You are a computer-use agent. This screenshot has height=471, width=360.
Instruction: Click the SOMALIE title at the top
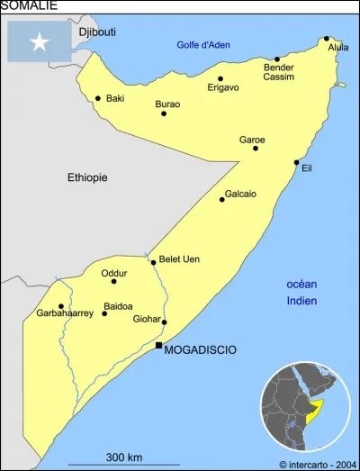[30, 5]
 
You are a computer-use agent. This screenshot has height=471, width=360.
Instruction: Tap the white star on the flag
[40, 41]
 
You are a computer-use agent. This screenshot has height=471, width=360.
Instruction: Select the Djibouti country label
[97, 32]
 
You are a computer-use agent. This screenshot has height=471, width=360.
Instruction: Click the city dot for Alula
[326, 39]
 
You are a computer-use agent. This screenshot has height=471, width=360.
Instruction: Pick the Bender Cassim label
[278, 71]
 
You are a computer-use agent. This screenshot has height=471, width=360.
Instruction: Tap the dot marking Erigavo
[220, 78]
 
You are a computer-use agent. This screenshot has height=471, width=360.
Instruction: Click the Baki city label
[115, 99]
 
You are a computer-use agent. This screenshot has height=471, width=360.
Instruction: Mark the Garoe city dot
[256, 148]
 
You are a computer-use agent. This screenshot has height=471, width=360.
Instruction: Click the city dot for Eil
[296, 163]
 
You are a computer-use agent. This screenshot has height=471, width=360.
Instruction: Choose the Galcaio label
[240, 194]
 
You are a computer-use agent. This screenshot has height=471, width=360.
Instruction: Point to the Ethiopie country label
[87, 177]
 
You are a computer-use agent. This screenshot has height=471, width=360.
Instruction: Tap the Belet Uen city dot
[153, 262]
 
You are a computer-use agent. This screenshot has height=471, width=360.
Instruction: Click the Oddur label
[113, 272]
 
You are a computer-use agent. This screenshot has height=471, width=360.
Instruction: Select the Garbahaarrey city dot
[61, 306]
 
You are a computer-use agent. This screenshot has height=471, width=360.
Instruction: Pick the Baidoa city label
[119, 306]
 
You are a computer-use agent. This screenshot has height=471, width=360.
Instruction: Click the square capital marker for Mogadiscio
[159, 346]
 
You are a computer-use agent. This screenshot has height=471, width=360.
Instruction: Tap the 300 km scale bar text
[124, 457]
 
